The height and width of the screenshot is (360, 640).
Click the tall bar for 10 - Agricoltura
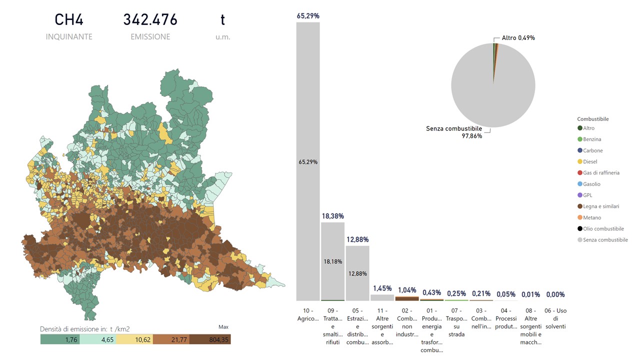(x=308, y=160)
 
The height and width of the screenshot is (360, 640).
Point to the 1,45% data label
(x=382, y=288)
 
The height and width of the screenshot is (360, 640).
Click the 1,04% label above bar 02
(x=407, y=290)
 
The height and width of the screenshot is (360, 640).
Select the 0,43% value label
(x=431, y=292)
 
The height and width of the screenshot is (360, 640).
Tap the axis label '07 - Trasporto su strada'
(x=456, y=322)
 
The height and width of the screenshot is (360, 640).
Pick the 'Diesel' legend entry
(x=590, y=161)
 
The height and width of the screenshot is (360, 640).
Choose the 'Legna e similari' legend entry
(x=601, y=206)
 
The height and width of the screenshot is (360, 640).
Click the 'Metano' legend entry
(x=592, y=217)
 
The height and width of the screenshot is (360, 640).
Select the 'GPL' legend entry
(x=587, y=195)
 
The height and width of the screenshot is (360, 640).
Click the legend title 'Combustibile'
(x=593, y=119)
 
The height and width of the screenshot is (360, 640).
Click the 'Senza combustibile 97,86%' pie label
(x=454, y=132)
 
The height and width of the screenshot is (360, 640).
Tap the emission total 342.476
(x=150, y=20)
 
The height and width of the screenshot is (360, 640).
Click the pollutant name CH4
(x=69, y=20)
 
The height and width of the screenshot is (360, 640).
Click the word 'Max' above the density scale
(x=223, y=327)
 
